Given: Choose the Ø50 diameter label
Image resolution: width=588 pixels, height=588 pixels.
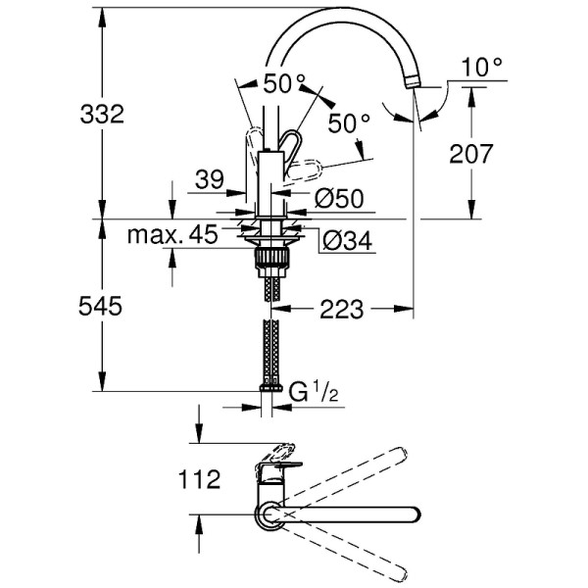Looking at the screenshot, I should pos(339,199).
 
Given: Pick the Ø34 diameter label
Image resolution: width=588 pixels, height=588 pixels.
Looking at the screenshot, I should pos(345,238).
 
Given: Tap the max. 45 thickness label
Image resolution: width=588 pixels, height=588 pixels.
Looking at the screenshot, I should pos(171,234).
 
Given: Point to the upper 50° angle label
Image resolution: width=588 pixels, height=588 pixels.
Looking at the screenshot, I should pos(284,83).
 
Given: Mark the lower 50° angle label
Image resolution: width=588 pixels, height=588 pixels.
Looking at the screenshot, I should pos(349,124).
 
